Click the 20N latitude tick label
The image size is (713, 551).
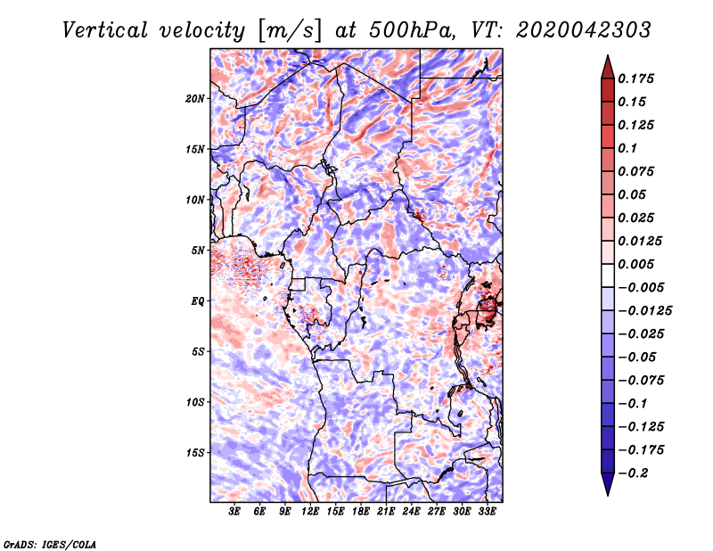tap(195, 99)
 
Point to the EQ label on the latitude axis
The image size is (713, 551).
tap(197, 301)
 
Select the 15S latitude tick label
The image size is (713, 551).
tap(195, 453)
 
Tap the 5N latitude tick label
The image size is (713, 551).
tap(198, 251)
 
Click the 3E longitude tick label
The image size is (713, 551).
tap(234, 512)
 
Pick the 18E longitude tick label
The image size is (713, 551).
tap(361, 512)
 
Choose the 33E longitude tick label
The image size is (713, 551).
tap(487, 512)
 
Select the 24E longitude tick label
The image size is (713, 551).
tap(411, 512)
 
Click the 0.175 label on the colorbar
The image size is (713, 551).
tap(635, 78)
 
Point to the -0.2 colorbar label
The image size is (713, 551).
tap(633, 473)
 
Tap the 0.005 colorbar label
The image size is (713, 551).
tap(635, 264)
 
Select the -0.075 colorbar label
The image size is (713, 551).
tap(641, 381)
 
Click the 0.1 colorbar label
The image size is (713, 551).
tap(627, 148)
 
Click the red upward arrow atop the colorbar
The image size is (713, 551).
tap(608, 67)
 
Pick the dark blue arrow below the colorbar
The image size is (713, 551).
tap(608, 484)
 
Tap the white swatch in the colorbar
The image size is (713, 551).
tap(608, 275)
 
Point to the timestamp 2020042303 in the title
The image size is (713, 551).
tap(584, 30)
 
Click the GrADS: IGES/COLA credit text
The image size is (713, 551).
tap(50, 544)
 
